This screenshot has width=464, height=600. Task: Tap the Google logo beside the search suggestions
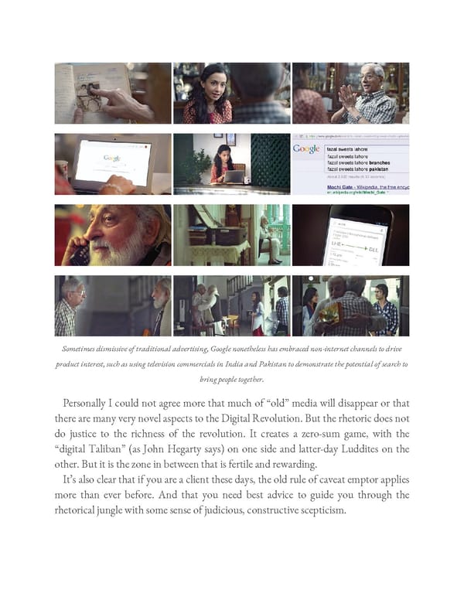click(x=306, y=148)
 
